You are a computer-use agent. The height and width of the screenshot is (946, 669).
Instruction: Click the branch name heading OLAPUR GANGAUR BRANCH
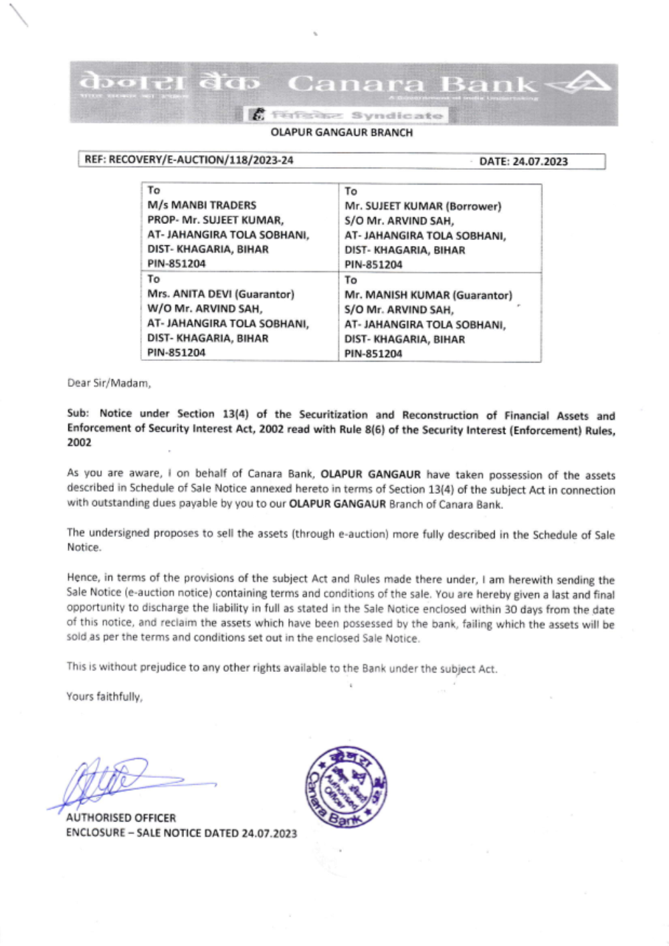coord(341,132)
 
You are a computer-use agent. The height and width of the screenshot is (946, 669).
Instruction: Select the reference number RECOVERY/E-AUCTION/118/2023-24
coord(201,160)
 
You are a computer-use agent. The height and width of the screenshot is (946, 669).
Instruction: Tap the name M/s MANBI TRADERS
coord(201,205)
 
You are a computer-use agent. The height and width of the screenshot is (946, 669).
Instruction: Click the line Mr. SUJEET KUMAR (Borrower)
coord(422,206)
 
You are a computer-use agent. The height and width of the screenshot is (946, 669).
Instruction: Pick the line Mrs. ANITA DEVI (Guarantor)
coord(220,294)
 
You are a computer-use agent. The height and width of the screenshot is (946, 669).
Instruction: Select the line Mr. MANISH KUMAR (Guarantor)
coord(428,295)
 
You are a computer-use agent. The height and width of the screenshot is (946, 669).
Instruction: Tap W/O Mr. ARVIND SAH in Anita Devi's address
coord(205,309)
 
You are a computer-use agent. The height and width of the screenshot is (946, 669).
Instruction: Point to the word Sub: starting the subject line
coord(78,414)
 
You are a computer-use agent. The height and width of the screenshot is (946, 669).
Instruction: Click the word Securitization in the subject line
coord(333,415)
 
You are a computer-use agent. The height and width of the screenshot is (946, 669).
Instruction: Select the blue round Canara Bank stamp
coord(346,786)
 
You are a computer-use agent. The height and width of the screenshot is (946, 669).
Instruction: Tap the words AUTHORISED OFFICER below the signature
coord(121,818)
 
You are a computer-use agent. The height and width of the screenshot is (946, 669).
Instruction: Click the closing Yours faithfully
coord(104,697)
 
